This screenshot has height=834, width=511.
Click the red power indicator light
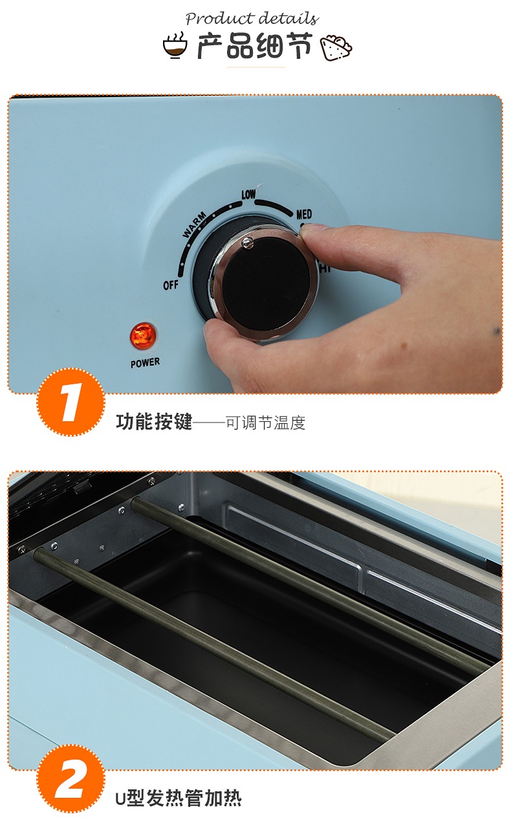pyautogui.click(x=142, y=336)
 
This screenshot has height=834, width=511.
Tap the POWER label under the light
pyautogui.click(x=145, y=362)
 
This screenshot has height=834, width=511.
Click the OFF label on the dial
pyautogui.click(x=171, y=285)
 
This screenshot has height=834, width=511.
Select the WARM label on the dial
pyautogui.click(x=194, y=225)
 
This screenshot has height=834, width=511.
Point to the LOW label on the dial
pyautogui.click(x=248, y=194)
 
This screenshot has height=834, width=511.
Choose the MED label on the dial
pyautogui.click(x=304, y=214)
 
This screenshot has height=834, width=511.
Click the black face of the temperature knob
pyautogui.click(x=266, y=283)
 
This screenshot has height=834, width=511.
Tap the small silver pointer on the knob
pyautogui.click(x=247, y=243)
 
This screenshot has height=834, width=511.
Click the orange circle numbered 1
pyautogui.click(x=71, y=402)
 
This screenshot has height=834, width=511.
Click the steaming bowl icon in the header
pyautogui.click(x=175, y=45)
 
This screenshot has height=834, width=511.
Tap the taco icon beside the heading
pyautogui.click(x=336, y=47)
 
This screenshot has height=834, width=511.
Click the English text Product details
pyautogui.click(x=252, y=18)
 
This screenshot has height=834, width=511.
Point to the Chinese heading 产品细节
pyautogui.click(x=255, y=46)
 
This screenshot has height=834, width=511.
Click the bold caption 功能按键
pyautogui.click(x=154, y=422)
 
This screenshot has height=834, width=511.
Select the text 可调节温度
pyautogui.click(x=266, y=422)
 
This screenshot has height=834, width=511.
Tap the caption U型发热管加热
pyautogui.click(x=179, y=798)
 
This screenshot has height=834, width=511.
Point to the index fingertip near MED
pyautogui.click(x=310, y=232)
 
